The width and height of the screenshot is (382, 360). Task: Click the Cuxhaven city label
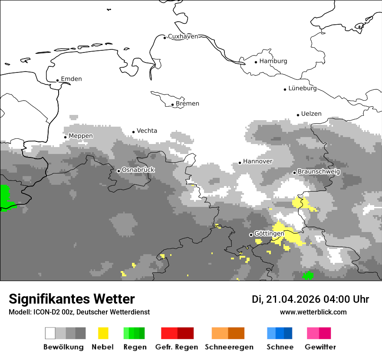point(183,36)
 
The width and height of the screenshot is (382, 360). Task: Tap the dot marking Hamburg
point(256,62)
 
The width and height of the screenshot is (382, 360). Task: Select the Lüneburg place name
point(303,88)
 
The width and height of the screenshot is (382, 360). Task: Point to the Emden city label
point(71,79)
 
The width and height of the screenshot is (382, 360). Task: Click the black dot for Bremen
point(172,105)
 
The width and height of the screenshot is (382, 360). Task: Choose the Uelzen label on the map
point(311,114)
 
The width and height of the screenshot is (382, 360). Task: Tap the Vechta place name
point(147,131)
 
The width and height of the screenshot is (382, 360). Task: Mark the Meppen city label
point(81,136)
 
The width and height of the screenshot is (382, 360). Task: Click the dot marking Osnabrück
point(119,171)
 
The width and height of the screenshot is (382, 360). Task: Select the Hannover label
point(257,161)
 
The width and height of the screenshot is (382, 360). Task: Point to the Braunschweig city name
point(319,172)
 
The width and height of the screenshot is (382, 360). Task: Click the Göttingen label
point(269,233)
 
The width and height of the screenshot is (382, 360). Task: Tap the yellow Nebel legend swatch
point(103,333)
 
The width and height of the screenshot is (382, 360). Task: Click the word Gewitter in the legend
point(320,347)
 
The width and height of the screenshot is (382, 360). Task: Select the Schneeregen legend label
point(229,347)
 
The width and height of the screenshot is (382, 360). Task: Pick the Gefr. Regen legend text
point(177,347)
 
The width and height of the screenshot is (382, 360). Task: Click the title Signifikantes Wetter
point(72,299)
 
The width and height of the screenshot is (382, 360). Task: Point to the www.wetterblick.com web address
point(313,312)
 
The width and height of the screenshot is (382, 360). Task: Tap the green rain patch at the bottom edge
point(308,275)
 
